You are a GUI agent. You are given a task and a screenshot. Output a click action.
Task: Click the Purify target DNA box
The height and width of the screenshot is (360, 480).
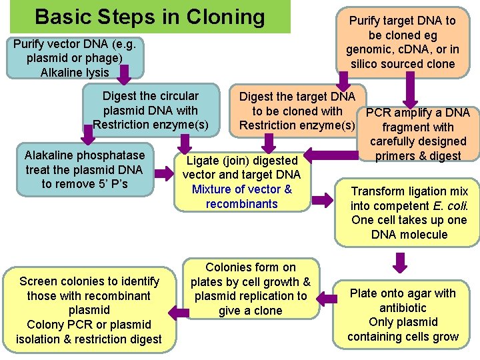[x=402, y=43]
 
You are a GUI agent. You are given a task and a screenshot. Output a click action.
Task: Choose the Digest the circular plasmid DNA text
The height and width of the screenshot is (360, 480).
[x=151, y=110]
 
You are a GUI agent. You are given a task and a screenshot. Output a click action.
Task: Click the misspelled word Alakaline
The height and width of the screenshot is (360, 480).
[x=51, y=155]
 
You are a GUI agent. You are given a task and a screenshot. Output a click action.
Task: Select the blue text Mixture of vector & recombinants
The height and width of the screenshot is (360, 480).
[x=242, y=196]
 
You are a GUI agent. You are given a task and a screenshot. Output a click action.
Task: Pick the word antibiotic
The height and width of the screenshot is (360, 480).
[x=403, y=307]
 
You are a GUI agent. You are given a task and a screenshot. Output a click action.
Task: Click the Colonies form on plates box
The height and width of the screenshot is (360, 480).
[x=250, y=289]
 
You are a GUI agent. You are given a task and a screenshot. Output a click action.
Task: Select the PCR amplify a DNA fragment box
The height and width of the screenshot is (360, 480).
[x=418, y=134]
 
